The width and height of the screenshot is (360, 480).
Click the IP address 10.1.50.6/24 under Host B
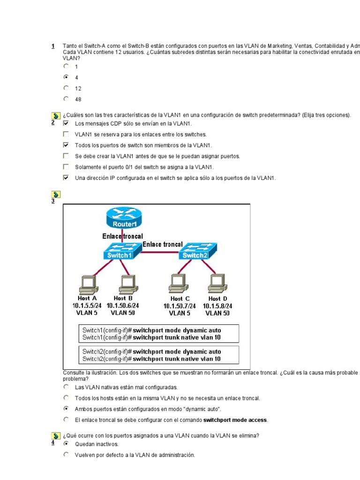tap(123, 306)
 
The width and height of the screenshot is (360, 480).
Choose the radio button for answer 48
tap(66, 99)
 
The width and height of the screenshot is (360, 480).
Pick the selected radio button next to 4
tap(66, 76)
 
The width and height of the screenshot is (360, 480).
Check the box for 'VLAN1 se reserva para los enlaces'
tap(66, 134)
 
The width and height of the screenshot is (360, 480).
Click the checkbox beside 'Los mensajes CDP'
tap(66, 123)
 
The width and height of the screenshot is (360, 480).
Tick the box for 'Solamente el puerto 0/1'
tap(66, 167)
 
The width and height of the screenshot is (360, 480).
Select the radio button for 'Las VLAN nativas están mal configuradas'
tap(66, 387)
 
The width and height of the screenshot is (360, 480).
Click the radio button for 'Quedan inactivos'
tap(66, 443)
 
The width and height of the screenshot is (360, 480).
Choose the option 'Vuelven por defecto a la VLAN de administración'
tap(66, 455)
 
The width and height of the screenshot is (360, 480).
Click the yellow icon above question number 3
tap(55, 194)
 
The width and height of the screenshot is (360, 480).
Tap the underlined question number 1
tap(53, 46)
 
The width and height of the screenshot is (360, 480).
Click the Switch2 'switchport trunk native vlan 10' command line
tap(151, 359)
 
